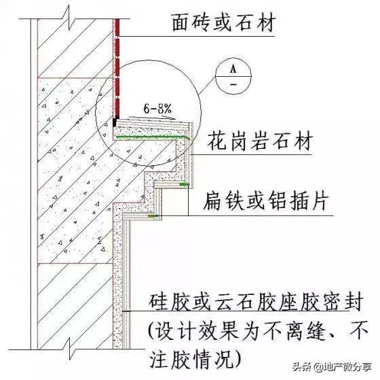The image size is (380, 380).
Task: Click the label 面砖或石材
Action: click(224, 23)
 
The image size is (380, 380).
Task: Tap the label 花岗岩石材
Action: click(260, 141)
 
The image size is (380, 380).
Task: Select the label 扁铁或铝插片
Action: click(266, 201)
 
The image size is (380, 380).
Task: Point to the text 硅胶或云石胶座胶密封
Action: click(256, 302)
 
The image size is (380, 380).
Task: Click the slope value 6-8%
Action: click(157, 109)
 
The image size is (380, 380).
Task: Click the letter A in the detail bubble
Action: click(233, 69)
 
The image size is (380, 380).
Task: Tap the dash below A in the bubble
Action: click(233, 84)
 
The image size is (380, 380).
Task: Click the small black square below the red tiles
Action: click(115, 122)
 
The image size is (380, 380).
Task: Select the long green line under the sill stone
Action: click(153, 137)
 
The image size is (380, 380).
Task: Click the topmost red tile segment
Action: click(117, 27)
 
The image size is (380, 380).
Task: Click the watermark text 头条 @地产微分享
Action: click(332, 366)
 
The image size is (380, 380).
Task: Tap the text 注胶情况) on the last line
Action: click(196, 359)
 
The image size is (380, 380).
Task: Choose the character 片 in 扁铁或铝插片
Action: click(320, 201)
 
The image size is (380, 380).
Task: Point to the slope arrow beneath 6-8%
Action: click(152, 118)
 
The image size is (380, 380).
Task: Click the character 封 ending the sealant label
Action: click(354, 302)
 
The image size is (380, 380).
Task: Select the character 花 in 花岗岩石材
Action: click(216, 141)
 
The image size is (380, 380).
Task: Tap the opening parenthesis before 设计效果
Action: click(151, 330)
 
